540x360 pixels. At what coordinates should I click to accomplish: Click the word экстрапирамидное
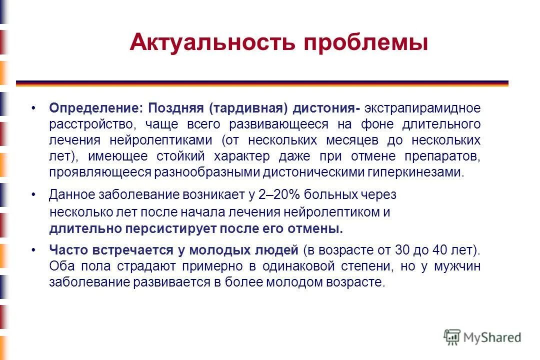point(422,108)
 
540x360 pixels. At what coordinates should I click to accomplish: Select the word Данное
point(69,194)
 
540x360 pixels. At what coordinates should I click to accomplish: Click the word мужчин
point(457,265)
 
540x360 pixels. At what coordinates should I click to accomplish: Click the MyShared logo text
point(492,337)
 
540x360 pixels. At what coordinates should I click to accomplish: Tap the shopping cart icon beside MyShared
point(451,337)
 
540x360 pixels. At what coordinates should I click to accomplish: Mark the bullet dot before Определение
point(33,108)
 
